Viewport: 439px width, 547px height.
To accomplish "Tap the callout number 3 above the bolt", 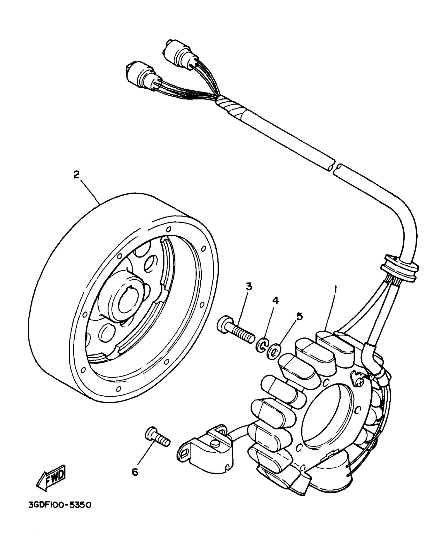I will (249, 287).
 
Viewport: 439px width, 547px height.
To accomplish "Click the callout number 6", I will (135, 472).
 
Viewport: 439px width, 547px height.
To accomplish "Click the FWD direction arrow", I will (52, 477).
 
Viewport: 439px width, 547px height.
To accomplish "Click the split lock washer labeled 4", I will (261, 345).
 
